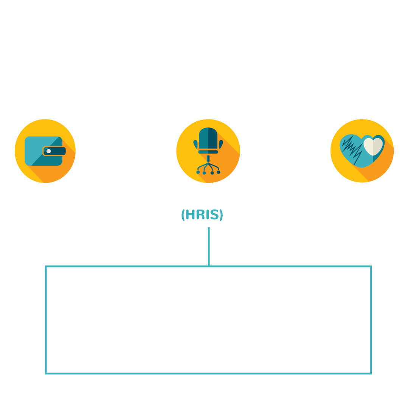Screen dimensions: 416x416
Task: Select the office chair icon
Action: (x=208, y=151)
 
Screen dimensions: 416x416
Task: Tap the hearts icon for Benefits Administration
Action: (x=362, y=151)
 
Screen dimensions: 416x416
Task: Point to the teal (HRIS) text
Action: (x=202, y=215)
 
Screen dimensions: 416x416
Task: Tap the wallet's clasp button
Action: (x=49, y=151)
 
